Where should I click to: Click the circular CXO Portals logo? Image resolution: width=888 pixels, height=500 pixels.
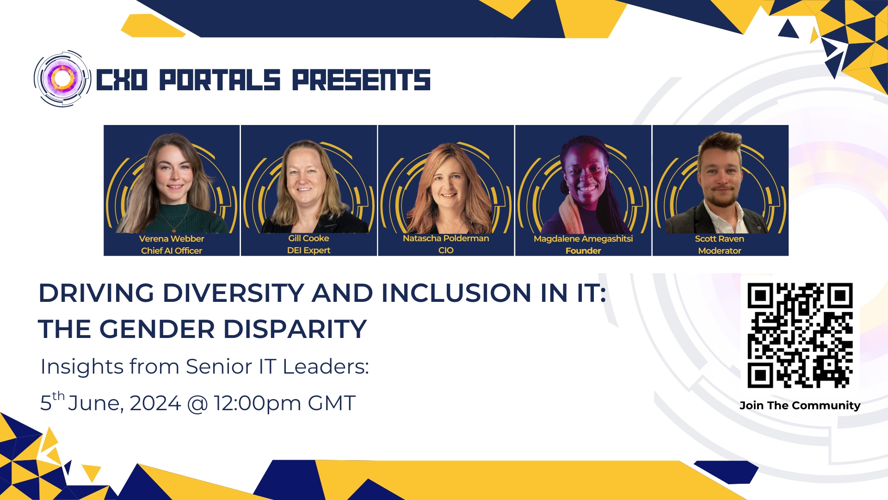coord(62,79)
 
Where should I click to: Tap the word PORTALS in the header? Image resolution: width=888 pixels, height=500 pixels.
coord(220,80)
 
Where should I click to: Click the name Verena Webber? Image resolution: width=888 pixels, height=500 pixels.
coord(172,239)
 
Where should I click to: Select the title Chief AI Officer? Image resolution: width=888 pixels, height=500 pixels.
coord(172,251)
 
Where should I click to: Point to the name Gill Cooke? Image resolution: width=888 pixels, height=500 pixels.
coord(308,238)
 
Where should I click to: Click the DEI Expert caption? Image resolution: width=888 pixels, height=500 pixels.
coord(308,250)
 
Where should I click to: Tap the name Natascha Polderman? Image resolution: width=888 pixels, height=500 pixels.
coord(446,238)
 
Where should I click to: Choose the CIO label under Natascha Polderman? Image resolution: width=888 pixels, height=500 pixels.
coord(446,250)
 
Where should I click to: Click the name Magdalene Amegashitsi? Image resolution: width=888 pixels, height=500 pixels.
coord(583,239)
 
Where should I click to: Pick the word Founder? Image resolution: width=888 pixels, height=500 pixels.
coord(583,251)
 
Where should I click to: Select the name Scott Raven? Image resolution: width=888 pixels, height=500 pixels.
coord(720,239)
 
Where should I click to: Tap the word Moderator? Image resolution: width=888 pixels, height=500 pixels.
coord(720,251)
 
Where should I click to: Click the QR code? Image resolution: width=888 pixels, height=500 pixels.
coord(800,336)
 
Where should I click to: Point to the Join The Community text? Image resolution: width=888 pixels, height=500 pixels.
coord(800,406)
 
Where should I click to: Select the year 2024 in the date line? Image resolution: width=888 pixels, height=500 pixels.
coord(155,403)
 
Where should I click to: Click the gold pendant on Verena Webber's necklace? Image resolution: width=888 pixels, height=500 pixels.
coord(174,228)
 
